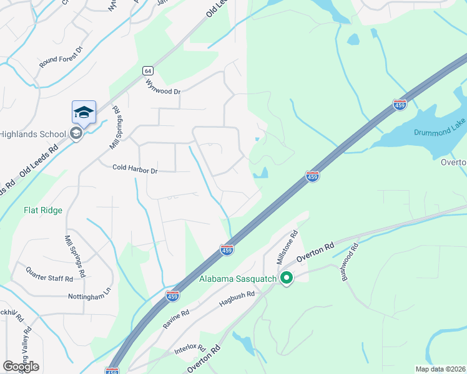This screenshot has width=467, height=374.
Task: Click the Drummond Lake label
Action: [440, 133]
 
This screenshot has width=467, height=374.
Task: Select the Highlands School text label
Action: [32, 134]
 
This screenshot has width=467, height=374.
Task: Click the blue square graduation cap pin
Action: [84, 113]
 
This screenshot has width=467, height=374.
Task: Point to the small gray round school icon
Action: [76, 133]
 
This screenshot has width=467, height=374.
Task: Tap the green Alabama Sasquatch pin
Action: [287, 278]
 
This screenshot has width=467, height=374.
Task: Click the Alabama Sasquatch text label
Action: [237, 279]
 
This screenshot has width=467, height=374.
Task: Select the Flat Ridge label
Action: [43, 210]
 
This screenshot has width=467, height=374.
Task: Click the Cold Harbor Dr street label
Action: [135, 168]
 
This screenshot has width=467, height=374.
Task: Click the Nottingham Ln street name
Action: [89, 297]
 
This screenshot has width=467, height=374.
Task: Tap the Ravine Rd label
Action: [176, 317]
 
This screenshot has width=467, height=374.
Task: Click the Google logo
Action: [21, 367]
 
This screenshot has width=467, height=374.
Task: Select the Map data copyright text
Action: [440, 369]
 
